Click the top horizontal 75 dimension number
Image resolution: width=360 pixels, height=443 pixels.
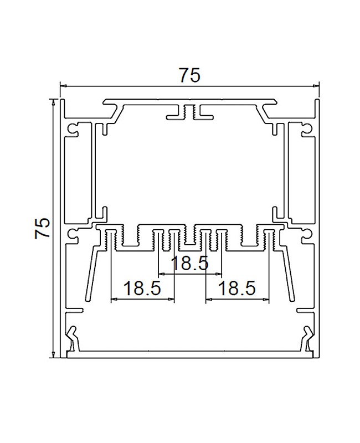point(189,75)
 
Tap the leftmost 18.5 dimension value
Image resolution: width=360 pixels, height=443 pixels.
point(142,289)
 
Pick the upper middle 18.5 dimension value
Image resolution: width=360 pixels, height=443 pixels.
point(190,264)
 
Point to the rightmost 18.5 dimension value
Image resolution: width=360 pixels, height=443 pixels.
point(236,289)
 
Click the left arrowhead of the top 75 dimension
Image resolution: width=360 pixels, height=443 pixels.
point(63,86)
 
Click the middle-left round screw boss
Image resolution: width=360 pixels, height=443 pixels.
point(72,234)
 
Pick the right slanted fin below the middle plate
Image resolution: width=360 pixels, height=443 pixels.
point(286,271)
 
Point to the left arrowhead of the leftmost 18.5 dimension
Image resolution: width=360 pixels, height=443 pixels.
point(114,300)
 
